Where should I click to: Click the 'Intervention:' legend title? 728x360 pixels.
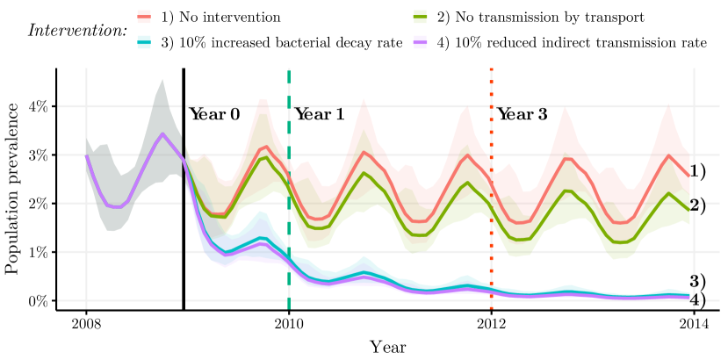click(77, 30)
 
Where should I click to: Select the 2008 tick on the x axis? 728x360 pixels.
click(86, 321)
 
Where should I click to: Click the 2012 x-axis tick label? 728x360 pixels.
click(491, 321)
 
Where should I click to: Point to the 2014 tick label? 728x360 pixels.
click(694, 321)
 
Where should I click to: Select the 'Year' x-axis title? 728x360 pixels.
click(387, 346)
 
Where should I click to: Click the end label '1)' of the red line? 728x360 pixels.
click(698, 171)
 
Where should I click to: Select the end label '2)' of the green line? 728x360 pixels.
click(698, 206)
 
